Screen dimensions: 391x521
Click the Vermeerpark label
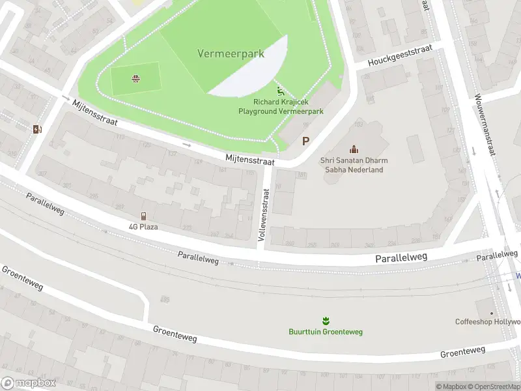pos(231,53)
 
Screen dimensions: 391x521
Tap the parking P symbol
pos(305,141)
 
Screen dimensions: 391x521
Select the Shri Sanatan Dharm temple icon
pos(354,149)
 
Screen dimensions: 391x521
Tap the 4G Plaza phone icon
pos(143,216)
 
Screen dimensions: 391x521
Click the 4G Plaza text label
pos(143,227)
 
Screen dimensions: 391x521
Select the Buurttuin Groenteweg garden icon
pos(325,320)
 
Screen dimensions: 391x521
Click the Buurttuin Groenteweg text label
pos(326,332)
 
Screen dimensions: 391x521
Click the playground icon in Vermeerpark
pos(281,92)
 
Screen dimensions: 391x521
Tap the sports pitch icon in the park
pos(135,80)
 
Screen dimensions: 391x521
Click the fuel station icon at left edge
pos(37,128)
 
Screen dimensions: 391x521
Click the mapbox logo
pos(28,383)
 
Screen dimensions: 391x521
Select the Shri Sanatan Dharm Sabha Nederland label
pos(352,165)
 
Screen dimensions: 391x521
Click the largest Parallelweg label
pos(401,258)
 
